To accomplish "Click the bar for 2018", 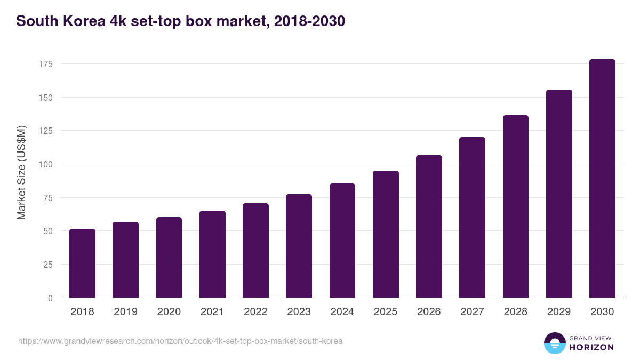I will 82,263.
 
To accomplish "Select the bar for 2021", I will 212,254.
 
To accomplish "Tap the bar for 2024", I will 342,241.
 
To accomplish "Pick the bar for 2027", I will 472,218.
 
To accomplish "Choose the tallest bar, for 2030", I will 602,179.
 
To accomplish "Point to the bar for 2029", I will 559,194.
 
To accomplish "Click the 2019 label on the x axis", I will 125,312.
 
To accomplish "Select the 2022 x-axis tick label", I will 255,312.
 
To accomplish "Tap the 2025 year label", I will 386,312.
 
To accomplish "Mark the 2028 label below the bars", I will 515,312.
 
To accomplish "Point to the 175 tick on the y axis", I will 45,64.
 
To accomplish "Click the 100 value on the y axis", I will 45,164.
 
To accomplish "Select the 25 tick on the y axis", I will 47,265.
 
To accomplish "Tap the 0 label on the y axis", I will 50,298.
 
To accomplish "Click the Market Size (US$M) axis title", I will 21,173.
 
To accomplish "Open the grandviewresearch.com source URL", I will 180,341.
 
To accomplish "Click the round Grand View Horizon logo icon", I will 554,343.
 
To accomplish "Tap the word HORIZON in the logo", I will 591,347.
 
